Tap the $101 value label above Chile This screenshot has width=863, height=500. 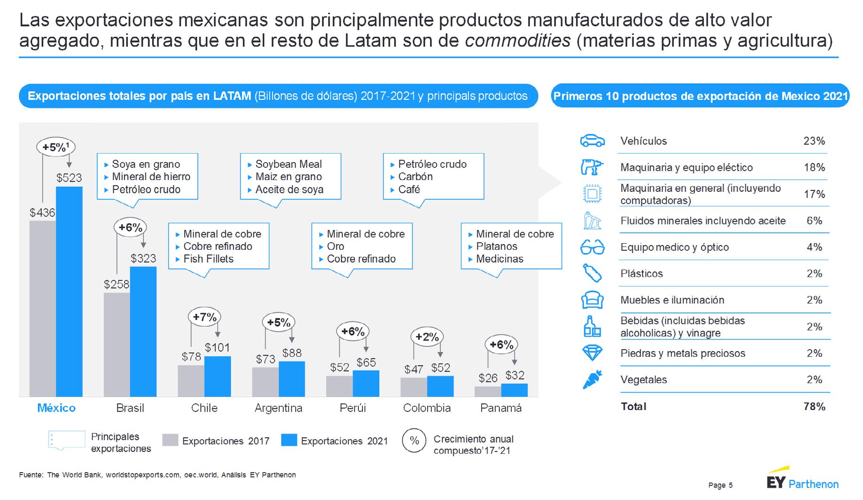point(217,348)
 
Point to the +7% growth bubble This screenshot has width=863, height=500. point(204,317)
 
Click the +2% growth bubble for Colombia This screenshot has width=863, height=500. point(427,337)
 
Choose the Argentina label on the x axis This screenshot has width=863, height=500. point(278,408)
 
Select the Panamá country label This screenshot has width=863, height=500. point(500,408)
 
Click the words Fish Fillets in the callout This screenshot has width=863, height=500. point(208,259)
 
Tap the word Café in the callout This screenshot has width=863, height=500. point(409,189)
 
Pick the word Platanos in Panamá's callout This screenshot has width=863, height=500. point(496,246)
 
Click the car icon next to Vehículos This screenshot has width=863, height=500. point(592,141)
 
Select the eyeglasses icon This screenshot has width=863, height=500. point(592,247)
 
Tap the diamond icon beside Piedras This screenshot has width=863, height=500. point(592,353)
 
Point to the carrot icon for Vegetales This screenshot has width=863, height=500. point(592,380)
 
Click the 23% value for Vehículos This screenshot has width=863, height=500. point(814,141)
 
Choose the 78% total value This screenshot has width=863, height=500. point(814,407)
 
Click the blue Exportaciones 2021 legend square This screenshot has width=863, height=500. point(289,440)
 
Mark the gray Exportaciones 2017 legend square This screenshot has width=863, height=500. point(170,440)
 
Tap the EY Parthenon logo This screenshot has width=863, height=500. point(802,481)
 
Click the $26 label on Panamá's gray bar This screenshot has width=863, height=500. point(488,378)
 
